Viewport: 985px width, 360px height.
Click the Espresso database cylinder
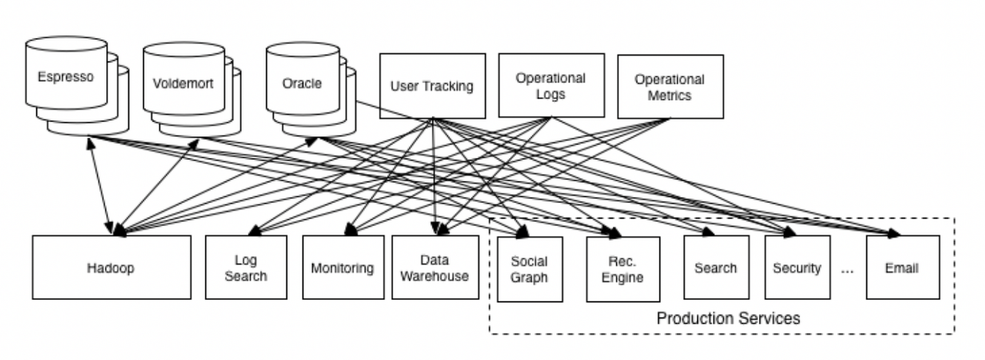pyautogui.click(x=77, y=85)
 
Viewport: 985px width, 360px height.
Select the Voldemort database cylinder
pyautogui.click(x=192, y=90)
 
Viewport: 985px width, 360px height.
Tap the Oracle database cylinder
pyautogui.click(x=311, y=90)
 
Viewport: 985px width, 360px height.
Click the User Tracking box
pyautogui.click(x=432, y=86)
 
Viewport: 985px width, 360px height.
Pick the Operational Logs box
pyautogui.click(x=552, y=85)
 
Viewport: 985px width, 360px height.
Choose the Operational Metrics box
pyautogui.click(x=670, y=87)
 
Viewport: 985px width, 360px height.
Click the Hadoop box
pyautogui.click(x=112, y=267)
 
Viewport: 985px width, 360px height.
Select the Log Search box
pyautogui.click(x=246, y=267)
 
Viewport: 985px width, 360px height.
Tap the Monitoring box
pyautogui.click(x=343, y=267)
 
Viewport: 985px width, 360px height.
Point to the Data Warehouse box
pyautogui.click(x=436, y=267)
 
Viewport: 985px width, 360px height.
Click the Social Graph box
pyautogui.click(x=530, y=269)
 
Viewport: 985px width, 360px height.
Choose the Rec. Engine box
pyautogui.click(x=623, y=269)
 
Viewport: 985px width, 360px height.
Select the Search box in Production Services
pyautogui.click(x=716, y=267)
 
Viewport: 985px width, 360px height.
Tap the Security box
pyautogui.click(x=798, y=267)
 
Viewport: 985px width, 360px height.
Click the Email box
pyautogui.click(x=903, y=267)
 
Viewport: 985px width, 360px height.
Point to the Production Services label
pyautogui.click(x=728, y=318)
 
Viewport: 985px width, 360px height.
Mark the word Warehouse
pyautogui.click(x=435, y=276)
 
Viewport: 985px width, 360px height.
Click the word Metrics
pyautogui.click(x=669, y=95)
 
